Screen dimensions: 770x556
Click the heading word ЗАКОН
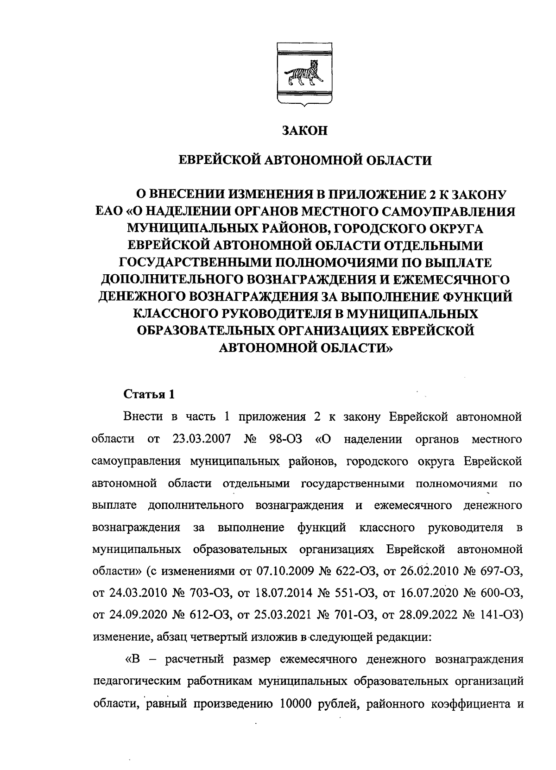(305, 131)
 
